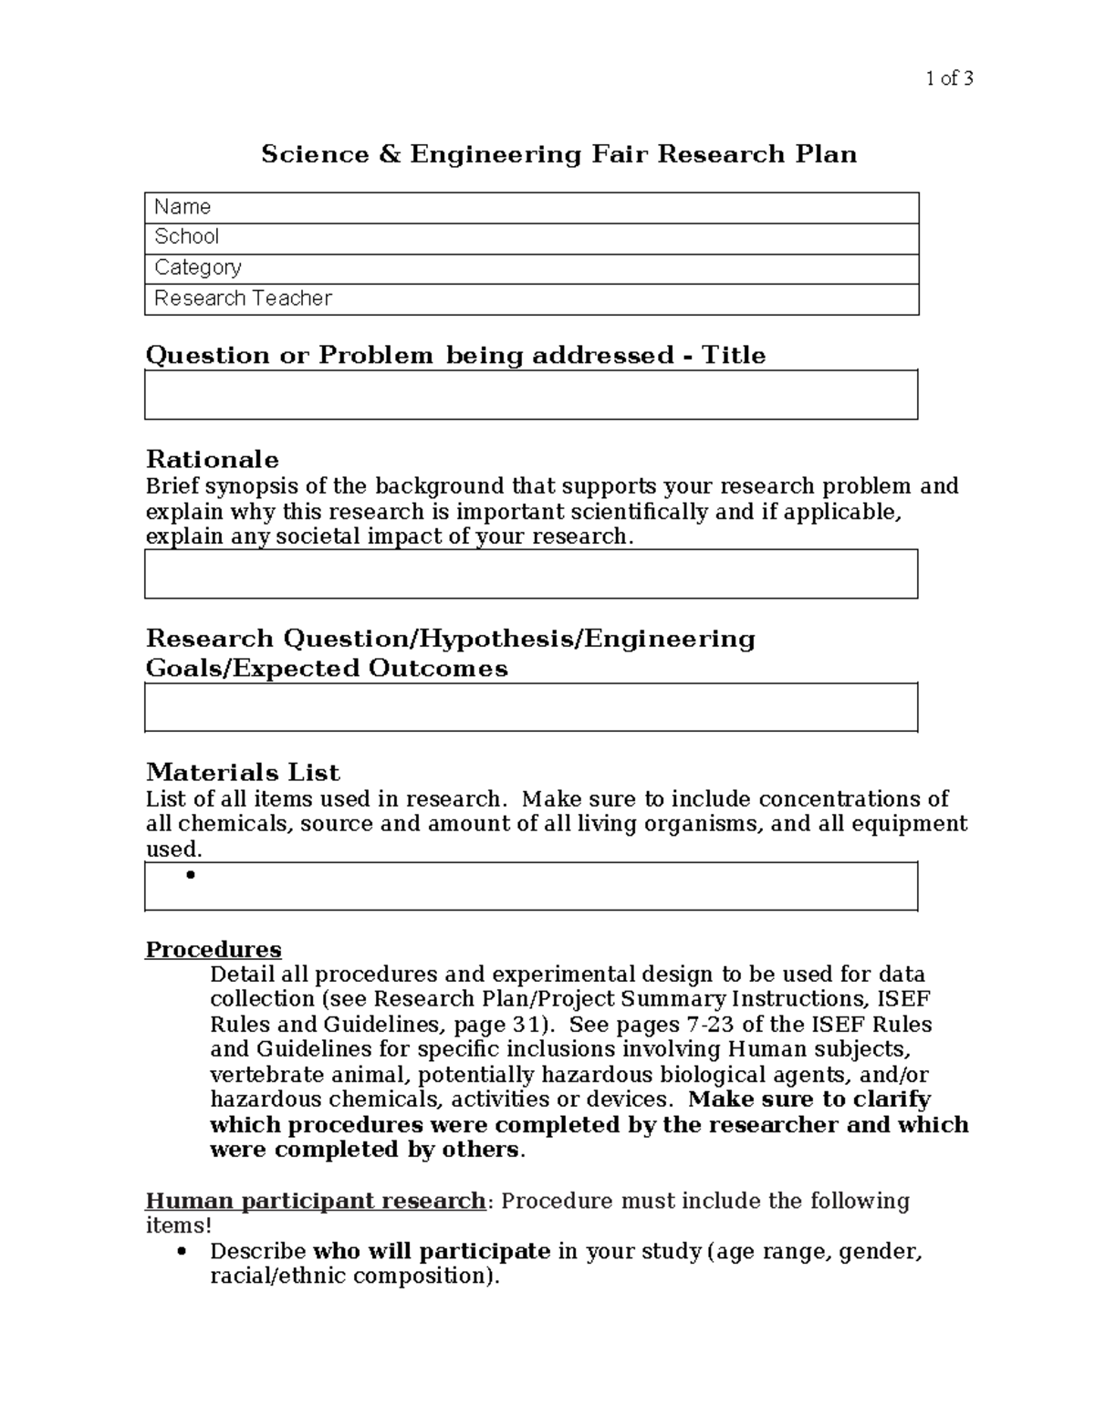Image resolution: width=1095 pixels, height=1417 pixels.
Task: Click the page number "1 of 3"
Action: point(949,78)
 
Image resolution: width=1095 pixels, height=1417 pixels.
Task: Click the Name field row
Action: point(531,208)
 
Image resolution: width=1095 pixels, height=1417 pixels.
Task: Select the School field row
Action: point(531,238)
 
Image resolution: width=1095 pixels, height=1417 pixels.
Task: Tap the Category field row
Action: point(531,268)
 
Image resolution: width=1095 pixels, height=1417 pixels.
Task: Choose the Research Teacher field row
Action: point(531,299)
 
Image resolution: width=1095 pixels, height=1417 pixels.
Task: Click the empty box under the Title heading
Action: point(531,395)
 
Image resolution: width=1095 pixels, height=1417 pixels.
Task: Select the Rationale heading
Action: point(213,459)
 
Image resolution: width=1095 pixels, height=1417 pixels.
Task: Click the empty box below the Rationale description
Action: point(531,574)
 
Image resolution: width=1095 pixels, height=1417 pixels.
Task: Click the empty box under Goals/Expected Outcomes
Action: point(531,707)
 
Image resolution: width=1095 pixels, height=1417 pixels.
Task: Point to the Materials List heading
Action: point(243,772)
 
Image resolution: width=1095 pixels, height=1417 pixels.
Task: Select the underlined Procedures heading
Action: point(214,950)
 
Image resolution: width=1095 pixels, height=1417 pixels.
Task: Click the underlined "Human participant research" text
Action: point(316,1201)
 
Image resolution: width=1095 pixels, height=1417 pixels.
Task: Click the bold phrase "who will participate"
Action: point(432,1252)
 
